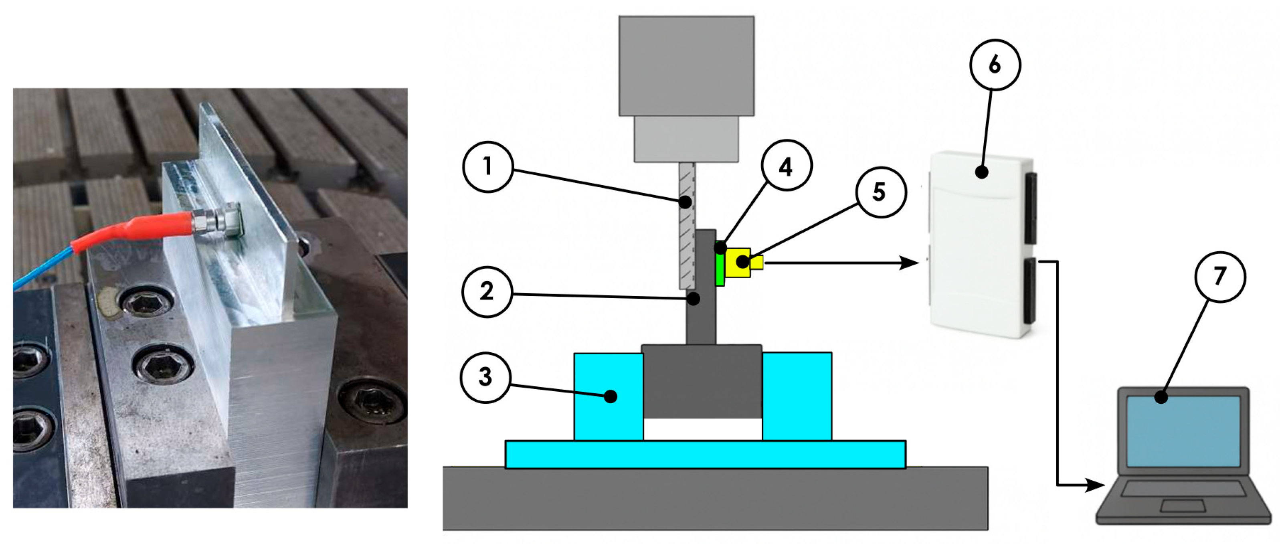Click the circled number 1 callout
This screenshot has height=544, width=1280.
[487, 167]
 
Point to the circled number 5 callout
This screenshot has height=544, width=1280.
[880, 192]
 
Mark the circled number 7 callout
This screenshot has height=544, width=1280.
[1219, 277]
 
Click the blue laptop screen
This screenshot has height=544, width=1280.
[1183, 431]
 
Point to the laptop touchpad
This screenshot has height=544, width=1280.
[1182, 506]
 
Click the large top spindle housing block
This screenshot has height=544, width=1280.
[686, 66]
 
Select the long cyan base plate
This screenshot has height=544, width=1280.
[705, 454]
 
